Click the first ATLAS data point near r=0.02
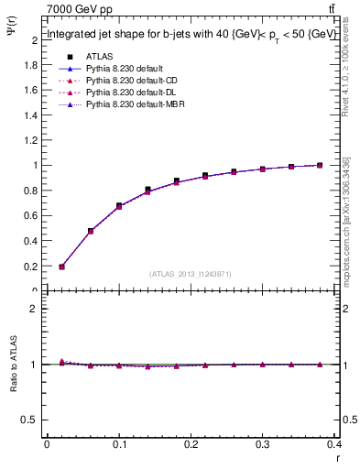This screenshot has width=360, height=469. coord(61,267)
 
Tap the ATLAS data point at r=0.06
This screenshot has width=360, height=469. coord(91,232)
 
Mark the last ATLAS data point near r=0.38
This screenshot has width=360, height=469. coord(319,165)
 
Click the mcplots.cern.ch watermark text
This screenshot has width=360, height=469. coord(347,219)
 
